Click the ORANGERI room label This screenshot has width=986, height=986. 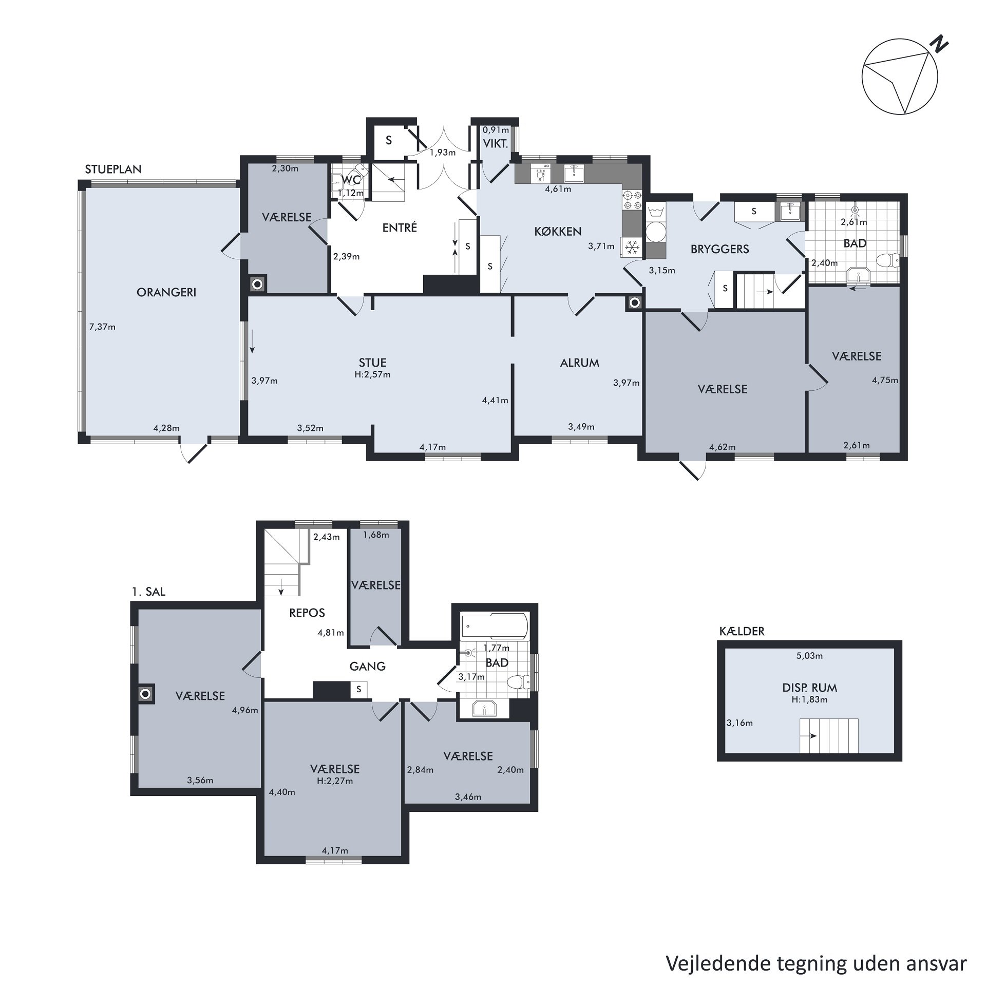pyautogui.click(x=166, y=292)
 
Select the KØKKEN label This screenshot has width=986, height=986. pyautogui.click(x=558, y=231)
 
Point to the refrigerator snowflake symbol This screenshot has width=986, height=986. pyautogui.click(x=632, y=248)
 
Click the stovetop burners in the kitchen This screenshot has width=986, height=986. pyautogui.click(x=632, y=200)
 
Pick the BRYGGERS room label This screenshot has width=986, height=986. pyautogui.click(x=719, y=249)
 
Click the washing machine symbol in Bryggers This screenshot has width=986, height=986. pyautogui.click(x=655, y=232)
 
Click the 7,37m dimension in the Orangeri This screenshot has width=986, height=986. pyautogui.click(x=102, y=327)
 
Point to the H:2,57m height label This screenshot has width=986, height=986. pyautogui.click(x=372, y=374)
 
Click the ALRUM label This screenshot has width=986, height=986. pyautogui.click(x=580, y=363)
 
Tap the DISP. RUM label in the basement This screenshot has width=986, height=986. pyautogui.click(x=809, y=688)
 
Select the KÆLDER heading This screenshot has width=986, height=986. pyautogui.click(x=742, y=631)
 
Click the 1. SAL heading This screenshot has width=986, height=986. pyautogui.click(x=148, y=592)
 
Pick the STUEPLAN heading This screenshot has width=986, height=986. pyautogui.click(x=113, y=169)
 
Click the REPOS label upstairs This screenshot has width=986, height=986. pyautogui.click(x=307, y=613)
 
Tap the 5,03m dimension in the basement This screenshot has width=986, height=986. pyautogui.click(x=809, y=656)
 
